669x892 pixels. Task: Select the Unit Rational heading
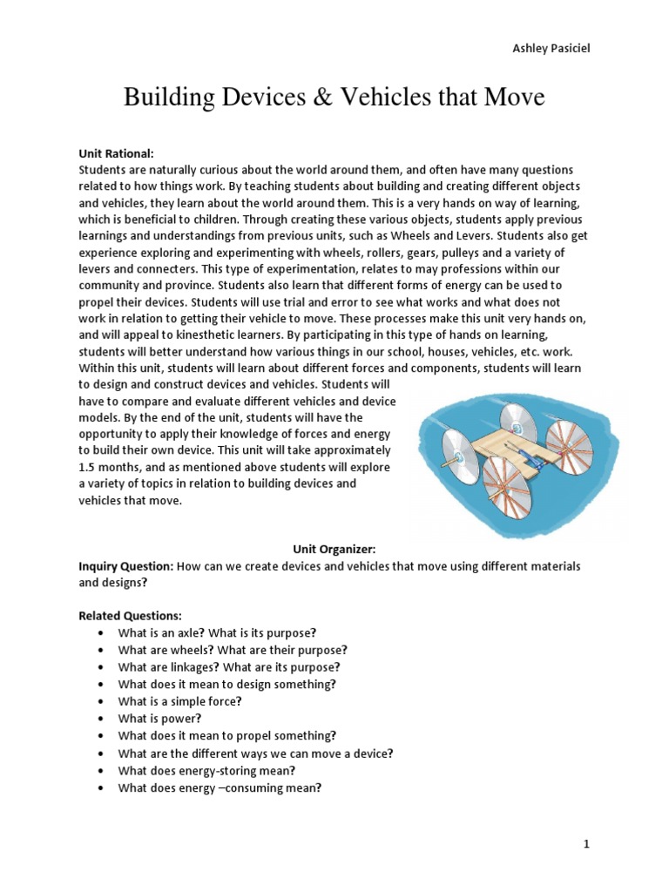pyautogui.click(x=116, y=152)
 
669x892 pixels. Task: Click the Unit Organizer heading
pyautogui.click(x=334, y=550)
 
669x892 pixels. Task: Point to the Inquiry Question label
pyautogui.click(x=125, y=566)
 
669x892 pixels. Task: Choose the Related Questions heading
pyautogui.click(x=130, y=616)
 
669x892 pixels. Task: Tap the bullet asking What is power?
pyautogui.click(x=159, y=719)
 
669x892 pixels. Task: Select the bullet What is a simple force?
pyautogui.click(x=180, y=701)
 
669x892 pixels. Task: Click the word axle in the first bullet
pyautogui.click(x=189, y=632)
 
